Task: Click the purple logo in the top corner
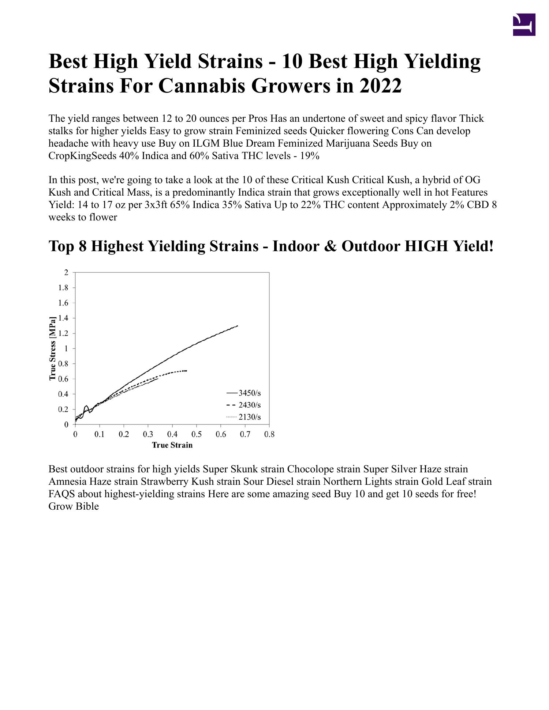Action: point(524,24)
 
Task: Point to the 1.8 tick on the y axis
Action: point(63,288)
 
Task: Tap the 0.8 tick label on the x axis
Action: point(269,434)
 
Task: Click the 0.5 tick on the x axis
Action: point(197,434)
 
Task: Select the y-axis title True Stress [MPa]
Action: point(53,348)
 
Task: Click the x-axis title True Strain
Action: point(172,445)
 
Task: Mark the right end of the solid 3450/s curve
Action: point(238,326)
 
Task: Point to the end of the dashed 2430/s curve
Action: point(186,371)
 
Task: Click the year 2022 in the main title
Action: point(381,86)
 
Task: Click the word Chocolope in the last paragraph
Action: point(310,469)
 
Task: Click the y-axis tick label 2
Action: point(66,272)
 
